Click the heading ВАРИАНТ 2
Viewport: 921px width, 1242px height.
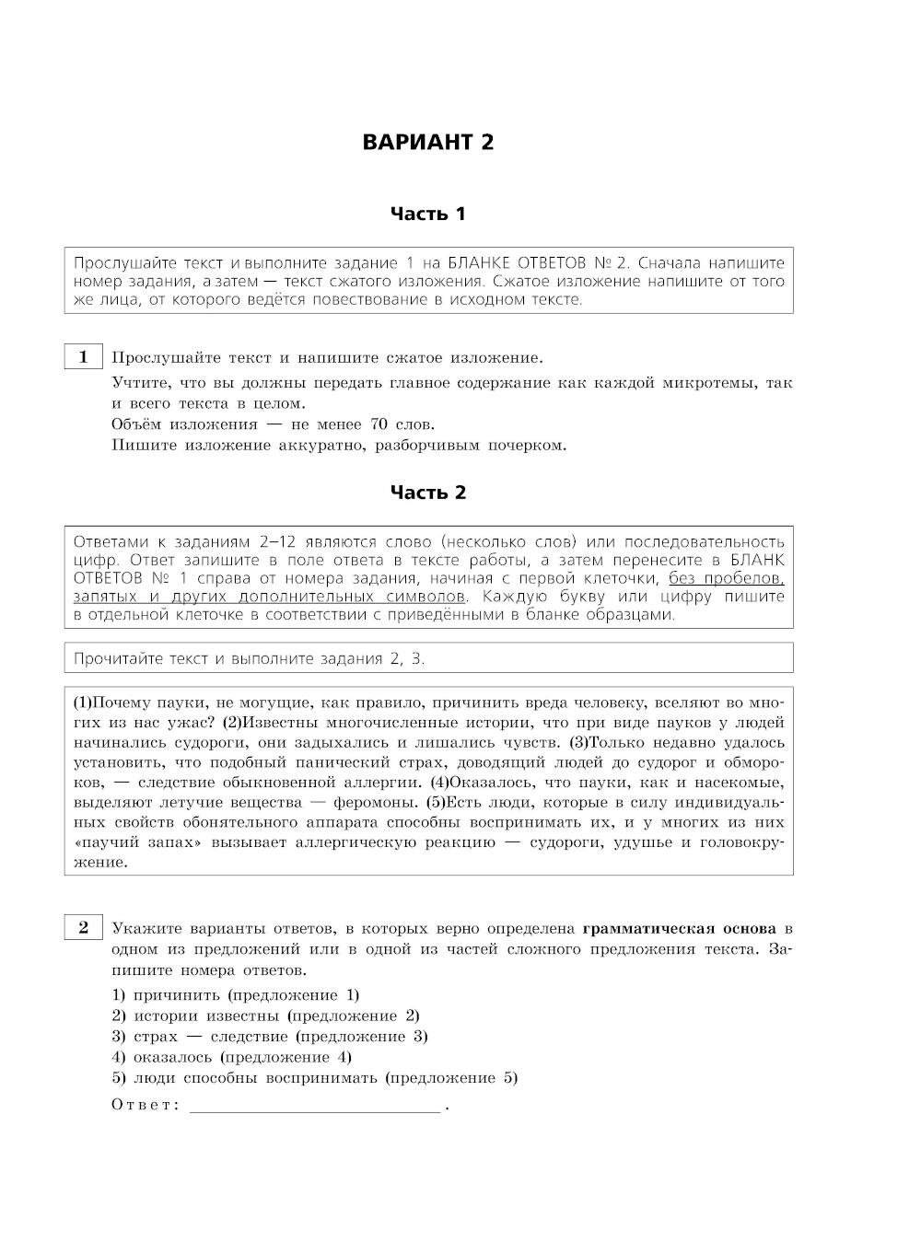(427, 143)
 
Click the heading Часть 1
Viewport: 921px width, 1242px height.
(427, 215)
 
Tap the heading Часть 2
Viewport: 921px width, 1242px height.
(427, 493)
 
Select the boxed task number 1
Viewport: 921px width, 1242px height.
(83, 357)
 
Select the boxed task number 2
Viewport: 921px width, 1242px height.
(83, 927)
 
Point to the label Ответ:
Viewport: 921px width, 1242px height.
(146, 1106)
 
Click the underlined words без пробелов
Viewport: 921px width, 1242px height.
(726, 578)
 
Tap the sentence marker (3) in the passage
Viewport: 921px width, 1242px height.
(579, 743)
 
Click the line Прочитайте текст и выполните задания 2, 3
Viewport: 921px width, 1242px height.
(249, 658)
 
